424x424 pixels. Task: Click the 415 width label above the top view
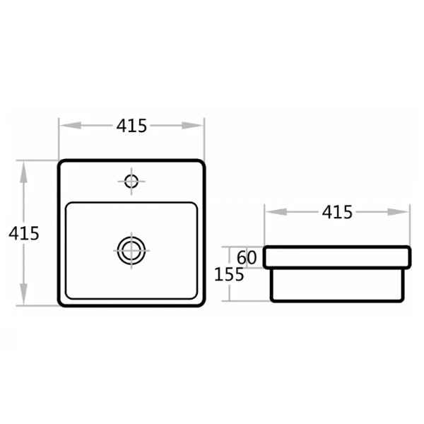131,126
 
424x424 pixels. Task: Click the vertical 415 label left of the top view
24,233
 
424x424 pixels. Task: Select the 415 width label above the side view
337,212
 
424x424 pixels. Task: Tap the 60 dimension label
247,257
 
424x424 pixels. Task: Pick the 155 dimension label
229,274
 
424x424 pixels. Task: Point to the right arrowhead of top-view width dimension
192,126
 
